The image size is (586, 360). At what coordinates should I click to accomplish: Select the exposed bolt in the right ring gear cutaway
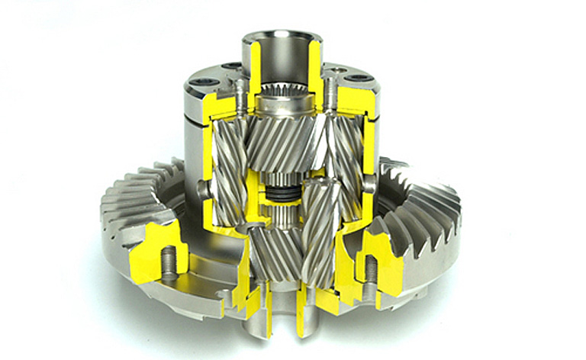click(369, 267)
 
